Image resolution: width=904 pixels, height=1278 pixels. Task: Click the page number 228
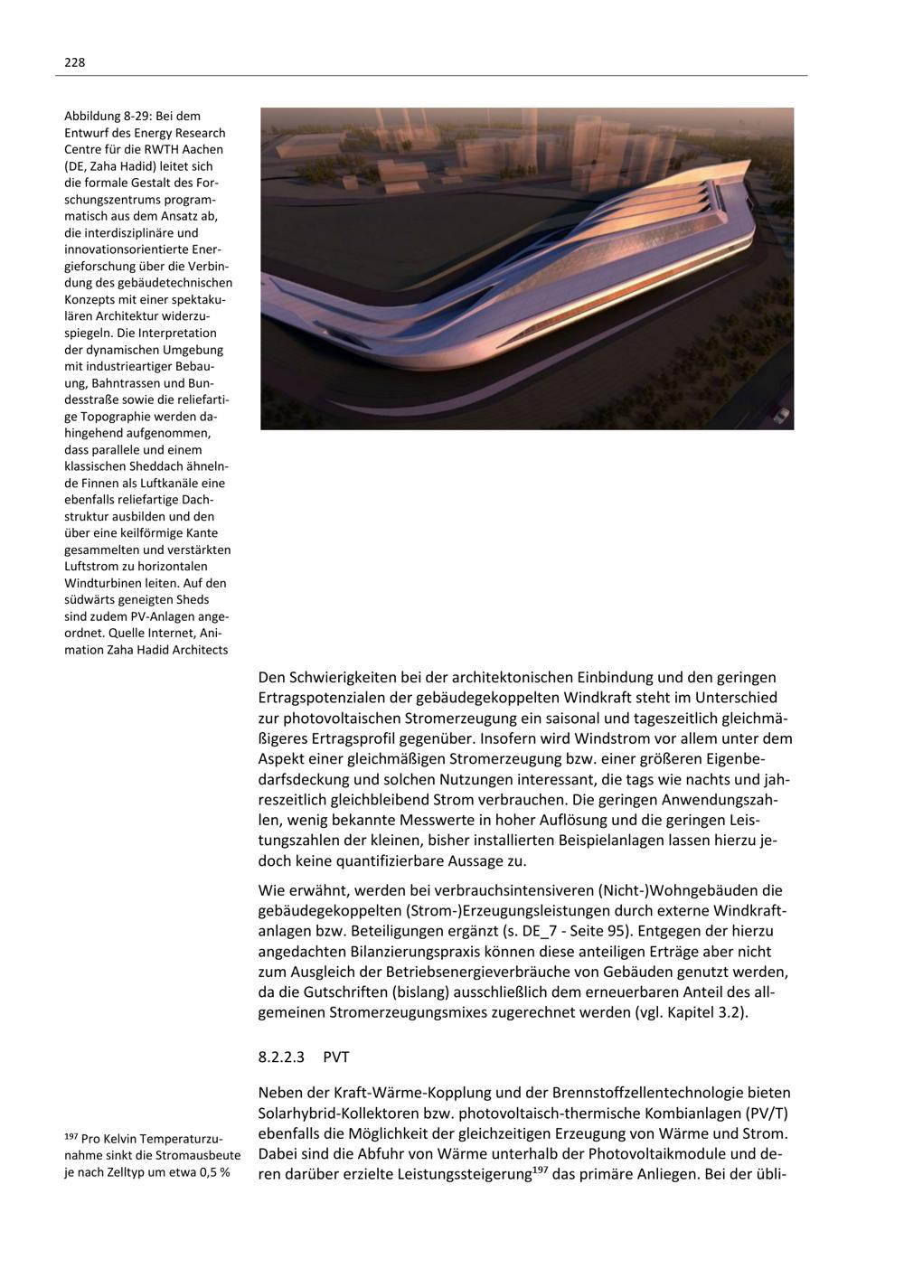coord(74,62)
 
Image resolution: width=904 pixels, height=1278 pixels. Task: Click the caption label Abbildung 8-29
coord(107,116)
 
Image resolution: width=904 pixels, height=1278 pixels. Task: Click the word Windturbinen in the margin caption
coord(100,583)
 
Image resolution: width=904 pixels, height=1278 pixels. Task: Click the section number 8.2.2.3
coord(282,1056)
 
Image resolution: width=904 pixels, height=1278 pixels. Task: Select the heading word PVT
coord(335,1056)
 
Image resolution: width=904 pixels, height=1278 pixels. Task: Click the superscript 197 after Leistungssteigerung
coord(539,1171)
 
